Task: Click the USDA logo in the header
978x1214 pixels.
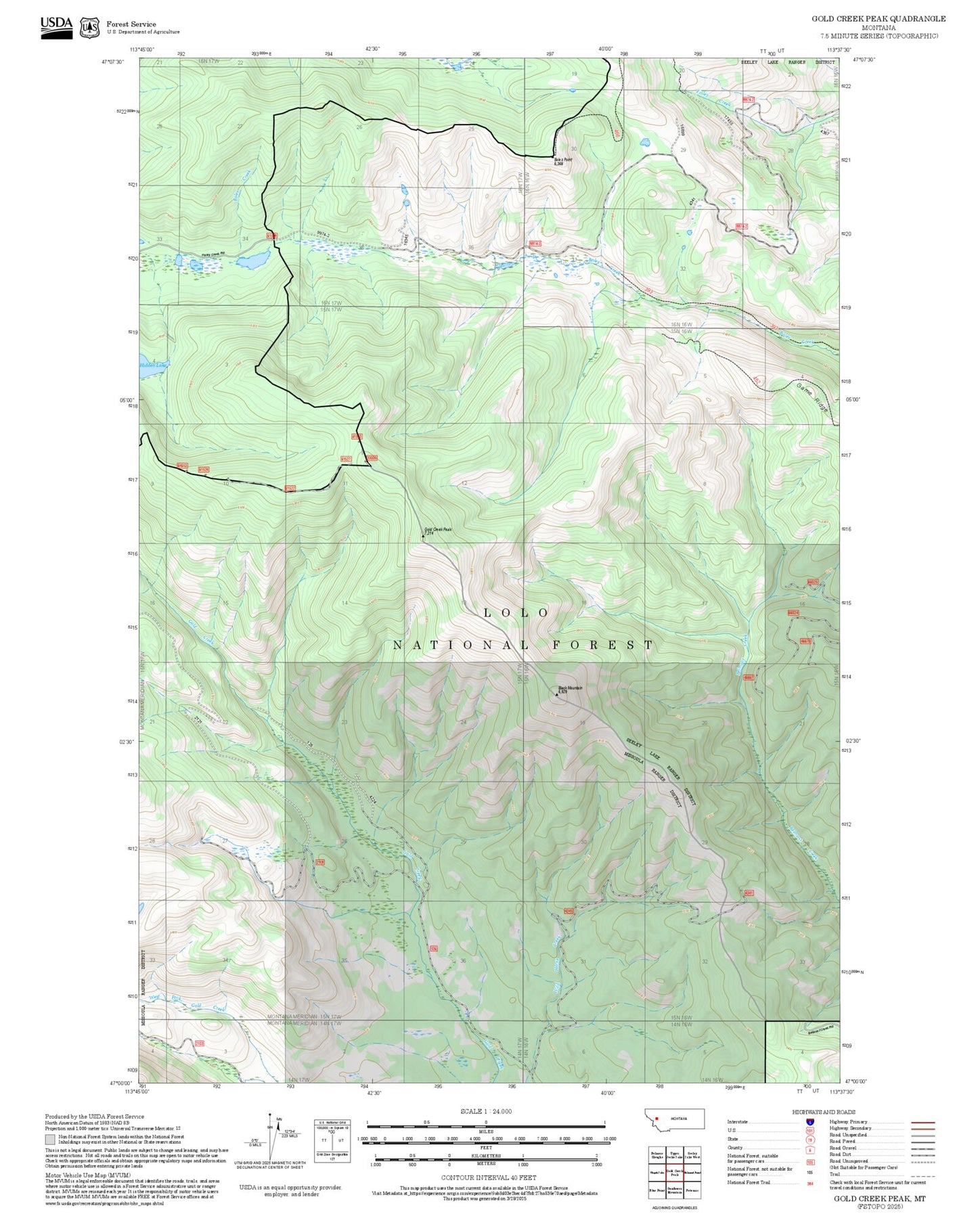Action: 56,27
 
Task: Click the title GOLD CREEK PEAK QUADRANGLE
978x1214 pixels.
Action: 879,19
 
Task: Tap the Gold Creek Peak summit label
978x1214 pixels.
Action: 437,531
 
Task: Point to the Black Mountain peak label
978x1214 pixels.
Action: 569,689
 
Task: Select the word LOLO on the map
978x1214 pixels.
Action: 516,612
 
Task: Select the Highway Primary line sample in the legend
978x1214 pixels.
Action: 923,1122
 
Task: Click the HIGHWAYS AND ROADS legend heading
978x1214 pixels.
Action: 824,1112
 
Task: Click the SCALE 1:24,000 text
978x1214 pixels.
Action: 486,1111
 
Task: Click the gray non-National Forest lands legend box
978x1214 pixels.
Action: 51,1138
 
